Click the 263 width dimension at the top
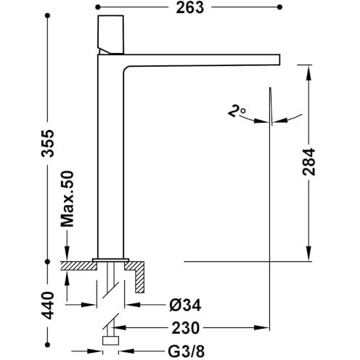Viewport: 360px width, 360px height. click(190, 7)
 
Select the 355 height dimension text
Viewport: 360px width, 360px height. click(47, 144)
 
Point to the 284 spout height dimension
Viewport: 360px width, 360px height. click(308, 162)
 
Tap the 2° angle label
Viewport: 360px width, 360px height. click(237, 111)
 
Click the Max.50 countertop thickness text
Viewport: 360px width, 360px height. click(67, 199)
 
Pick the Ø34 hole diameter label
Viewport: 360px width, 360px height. click(185, 305)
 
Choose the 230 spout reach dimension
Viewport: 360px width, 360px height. click(186, 328)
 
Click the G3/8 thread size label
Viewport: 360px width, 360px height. click(186, 351)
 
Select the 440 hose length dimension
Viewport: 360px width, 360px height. click(47, 306)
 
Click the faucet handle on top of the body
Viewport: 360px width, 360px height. click(110, 35)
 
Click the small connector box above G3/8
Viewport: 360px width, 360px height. click(110, 340)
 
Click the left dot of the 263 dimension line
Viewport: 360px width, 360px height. click(98, 7)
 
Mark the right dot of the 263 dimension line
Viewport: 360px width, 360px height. click(280, 7)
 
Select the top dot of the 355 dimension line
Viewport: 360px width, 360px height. click(48, 16)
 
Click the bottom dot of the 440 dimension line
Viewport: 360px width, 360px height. click(48, 344)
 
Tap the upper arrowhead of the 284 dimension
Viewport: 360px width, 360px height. click(308, 73)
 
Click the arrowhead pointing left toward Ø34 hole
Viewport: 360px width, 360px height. click(133, 305)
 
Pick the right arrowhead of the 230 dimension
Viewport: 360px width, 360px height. click(262, 328)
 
